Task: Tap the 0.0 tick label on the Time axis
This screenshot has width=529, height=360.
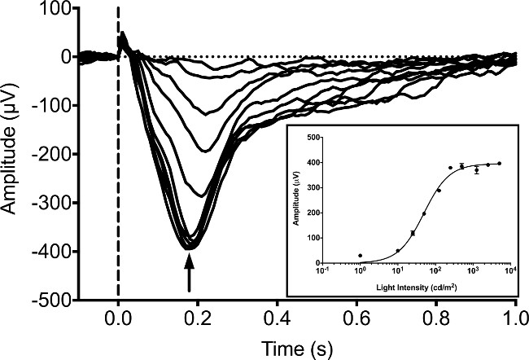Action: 119,318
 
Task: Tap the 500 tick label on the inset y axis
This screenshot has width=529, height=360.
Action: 310,138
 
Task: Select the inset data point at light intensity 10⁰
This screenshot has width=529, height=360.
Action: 360,256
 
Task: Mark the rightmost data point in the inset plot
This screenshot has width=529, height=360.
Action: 499,164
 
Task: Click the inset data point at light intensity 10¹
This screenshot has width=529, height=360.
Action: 398,251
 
